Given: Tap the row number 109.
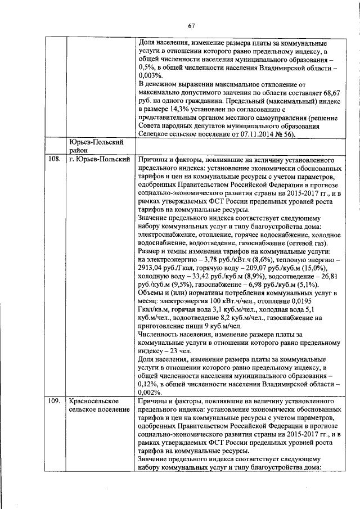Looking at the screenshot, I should pos(55,401).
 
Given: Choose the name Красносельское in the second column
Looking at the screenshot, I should pos(93,401).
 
